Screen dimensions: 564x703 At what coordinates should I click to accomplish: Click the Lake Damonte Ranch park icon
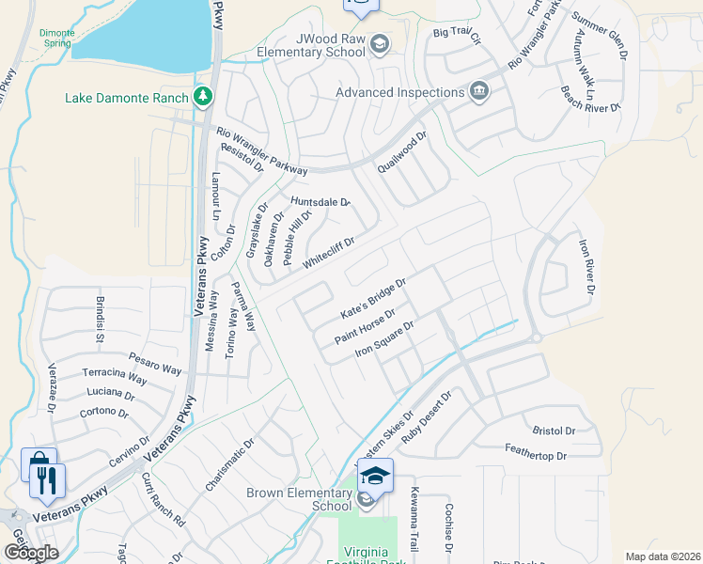pos(202,97)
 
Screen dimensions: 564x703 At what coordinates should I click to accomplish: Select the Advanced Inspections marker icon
pos(479,92)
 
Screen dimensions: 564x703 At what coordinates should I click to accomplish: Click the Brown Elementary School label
pos(299,499)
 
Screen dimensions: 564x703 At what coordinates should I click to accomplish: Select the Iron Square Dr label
pos(383,339)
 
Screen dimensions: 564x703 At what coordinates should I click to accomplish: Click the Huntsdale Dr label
pos(320,202)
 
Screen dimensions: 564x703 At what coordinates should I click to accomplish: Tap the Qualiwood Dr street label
pos(402,152)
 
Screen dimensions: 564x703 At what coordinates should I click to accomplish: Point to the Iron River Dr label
pos(586,267)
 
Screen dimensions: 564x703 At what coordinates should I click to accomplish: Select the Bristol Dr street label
pos(554,431)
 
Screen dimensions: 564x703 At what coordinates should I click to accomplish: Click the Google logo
pos(31,552)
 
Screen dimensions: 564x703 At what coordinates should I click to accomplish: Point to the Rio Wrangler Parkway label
pos(261,151)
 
